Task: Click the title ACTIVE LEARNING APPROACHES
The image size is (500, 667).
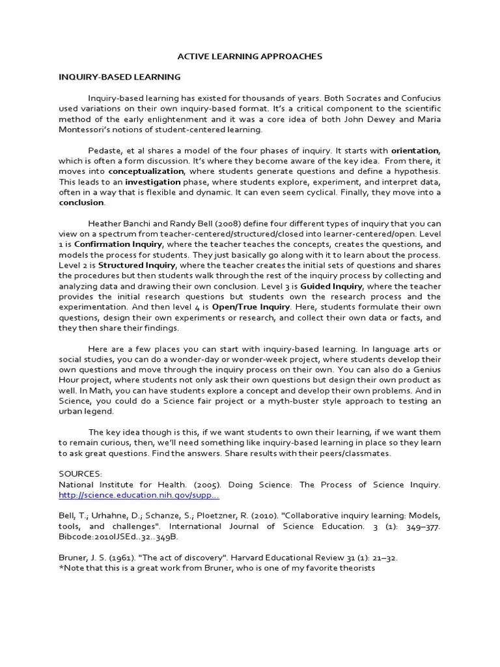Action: click(x=251, y=57)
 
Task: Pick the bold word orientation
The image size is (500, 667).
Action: click(x=415, y=150)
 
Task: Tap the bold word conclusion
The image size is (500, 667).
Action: click(x=81, y=203)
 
